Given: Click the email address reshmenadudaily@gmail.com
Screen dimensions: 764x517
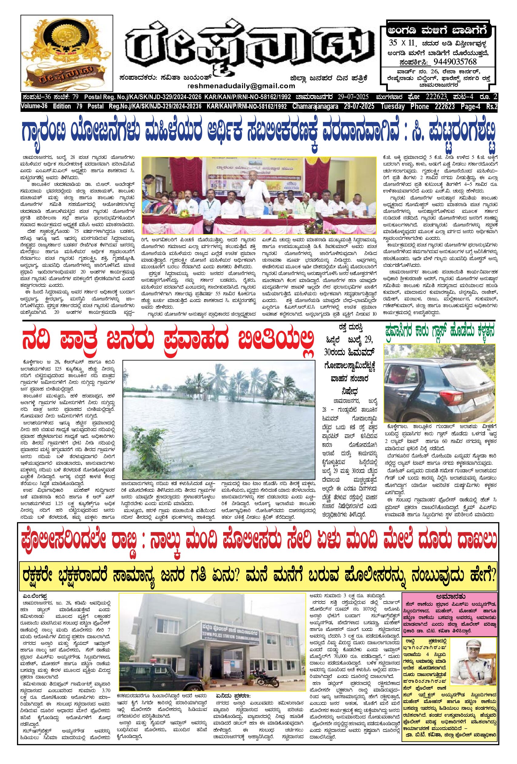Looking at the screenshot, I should [x=241, y=86].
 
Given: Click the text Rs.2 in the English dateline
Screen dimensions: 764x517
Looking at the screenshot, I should [x=491, y=106].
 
